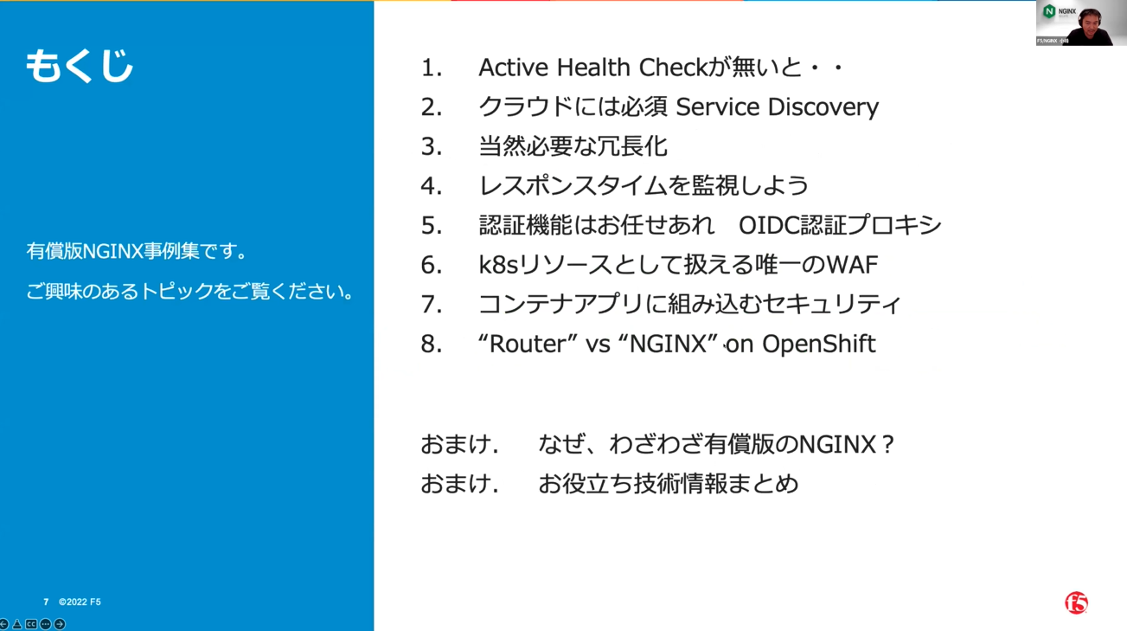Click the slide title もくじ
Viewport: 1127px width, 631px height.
coord(80,66)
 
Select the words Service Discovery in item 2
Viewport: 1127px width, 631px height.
coord(777,106)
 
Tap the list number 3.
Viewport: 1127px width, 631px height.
coord(432,146)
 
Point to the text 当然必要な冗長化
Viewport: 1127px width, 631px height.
coord(573,146)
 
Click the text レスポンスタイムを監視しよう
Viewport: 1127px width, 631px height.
coord(644,186)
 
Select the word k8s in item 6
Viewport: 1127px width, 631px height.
coord(498,265)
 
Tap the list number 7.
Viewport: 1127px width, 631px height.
coord(432,304)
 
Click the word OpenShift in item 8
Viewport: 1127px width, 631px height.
coord(818,344)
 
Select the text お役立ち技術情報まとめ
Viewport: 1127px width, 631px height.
coord(668,484)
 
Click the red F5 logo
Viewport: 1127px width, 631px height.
coord(1076,602)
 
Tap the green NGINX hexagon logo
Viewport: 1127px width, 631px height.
coord(1049,11)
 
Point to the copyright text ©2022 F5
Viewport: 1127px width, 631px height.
coord(80,602)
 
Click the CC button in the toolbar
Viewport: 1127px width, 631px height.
coord(31,624)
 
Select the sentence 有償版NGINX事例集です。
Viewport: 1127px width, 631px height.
coord(137,251)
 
